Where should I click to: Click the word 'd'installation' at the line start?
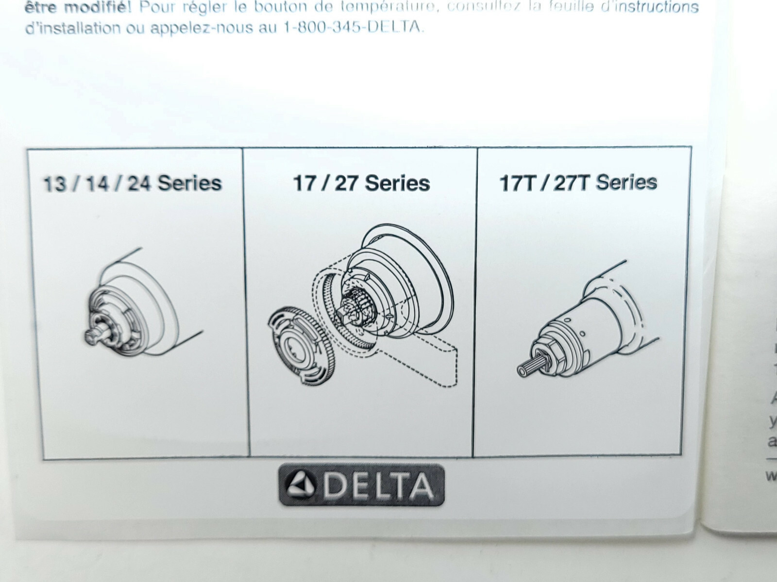point(73,28)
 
